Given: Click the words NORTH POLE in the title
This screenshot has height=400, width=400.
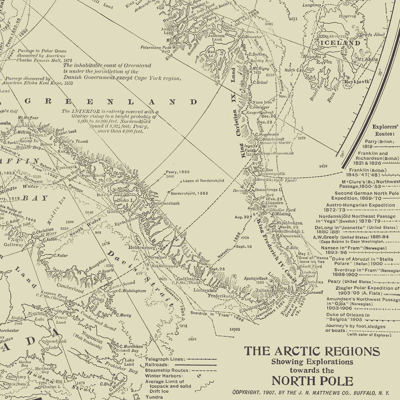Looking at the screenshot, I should [312, 381].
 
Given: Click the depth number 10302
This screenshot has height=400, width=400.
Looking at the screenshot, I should [235, 329].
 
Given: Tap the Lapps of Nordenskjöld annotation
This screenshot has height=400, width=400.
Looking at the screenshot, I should [203, 181].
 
